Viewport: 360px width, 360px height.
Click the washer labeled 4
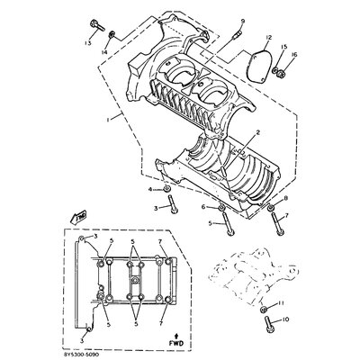tap(167, 190)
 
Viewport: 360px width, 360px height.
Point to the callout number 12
tap(269, 36)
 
